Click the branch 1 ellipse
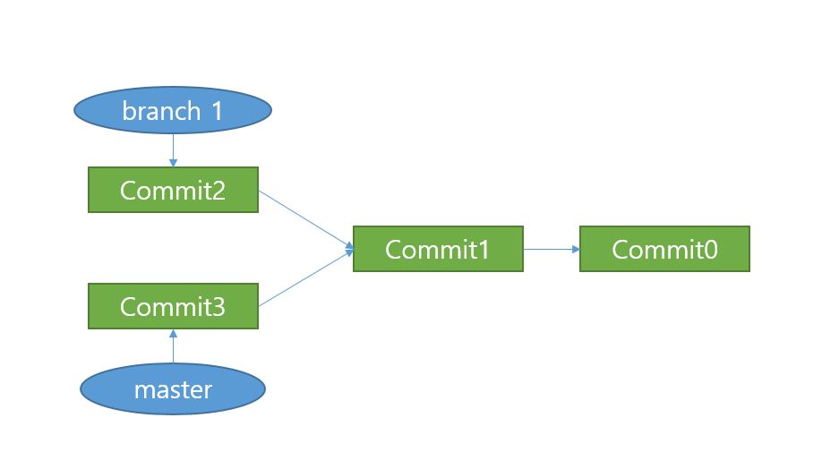172,111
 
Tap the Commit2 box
173,190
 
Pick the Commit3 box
173,306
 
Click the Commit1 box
438,249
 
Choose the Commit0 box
664,249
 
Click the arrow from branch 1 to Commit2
172,147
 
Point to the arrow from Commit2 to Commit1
304,218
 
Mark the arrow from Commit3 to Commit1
304,279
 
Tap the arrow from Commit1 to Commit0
551,249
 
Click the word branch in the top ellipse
161,111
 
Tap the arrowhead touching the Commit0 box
576,249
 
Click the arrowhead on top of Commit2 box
172,163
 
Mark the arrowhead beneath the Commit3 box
173,333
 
